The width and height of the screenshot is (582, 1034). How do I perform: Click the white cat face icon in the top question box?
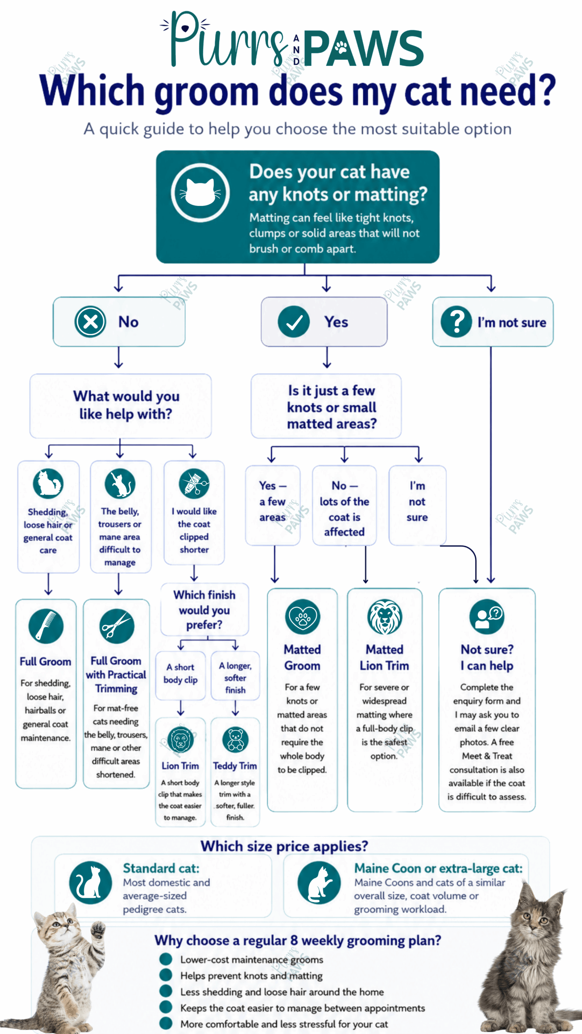200,193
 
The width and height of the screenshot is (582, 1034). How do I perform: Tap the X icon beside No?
90,322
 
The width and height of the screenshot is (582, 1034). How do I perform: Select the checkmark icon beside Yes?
294,322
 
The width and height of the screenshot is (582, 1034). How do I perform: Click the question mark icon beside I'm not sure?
456,322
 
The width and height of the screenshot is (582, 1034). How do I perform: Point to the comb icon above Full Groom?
46,626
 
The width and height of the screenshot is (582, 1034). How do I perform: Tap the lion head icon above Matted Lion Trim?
384,617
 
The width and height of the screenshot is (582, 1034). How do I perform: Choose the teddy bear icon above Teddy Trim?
235,740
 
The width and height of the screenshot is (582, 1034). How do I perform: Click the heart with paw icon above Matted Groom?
303,617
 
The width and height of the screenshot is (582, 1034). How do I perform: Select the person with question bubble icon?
487,617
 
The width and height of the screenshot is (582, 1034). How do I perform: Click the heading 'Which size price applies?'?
284,845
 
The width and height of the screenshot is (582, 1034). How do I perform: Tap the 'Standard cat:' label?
161,868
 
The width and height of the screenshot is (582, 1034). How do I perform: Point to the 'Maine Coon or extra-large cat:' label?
438,868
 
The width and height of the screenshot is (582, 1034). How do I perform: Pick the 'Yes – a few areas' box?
273,505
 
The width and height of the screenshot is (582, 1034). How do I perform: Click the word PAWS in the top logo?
363,48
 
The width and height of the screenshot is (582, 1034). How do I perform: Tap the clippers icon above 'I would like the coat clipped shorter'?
194,483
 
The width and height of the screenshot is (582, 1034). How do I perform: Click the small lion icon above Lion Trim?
181,740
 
